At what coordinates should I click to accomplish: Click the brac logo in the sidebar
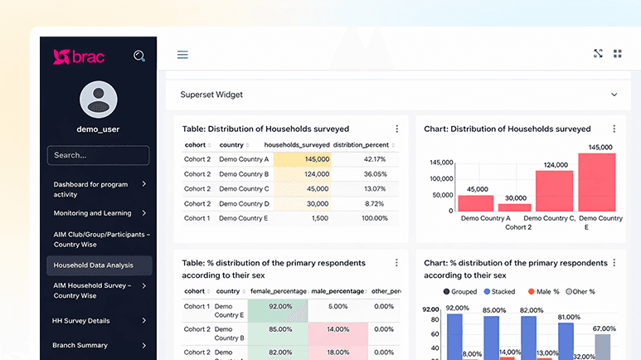(79, 56)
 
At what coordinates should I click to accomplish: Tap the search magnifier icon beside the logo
(139, 56)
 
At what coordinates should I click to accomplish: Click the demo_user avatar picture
(98, 100)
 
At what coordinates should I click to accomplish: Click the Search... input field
(98, 155)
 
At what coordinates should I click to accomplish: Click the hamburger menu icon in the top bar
(182, 55)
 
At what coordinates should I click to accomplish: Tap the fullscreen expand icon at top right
(598, 54)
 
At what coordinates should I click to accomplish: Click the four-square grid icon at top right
(617, 54)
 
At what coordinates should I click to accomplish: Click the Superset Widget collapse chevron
(614, 95)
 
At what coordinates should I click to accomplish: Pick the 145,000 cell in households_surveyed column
(303, 159)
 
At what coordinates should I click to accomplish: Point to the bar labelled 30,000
(514, 207)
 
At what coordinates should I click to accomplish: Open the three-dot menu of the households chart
(614, 129)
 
